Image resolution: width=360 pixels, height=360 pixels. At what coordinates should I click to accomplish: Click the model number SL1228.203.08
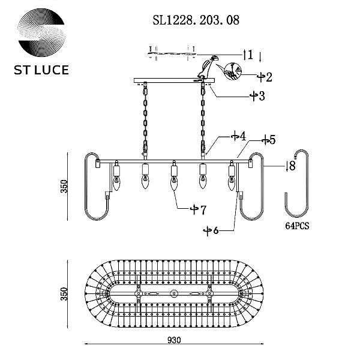196,20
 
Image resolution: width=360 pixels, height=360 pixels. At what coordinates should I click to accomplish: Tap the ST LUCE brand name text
41,70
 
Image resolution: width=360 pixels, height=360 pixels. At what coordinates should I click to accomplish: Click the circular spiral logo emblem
41,32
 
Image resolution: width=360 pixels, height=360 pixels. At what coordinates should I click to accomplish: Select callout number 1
250,55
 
